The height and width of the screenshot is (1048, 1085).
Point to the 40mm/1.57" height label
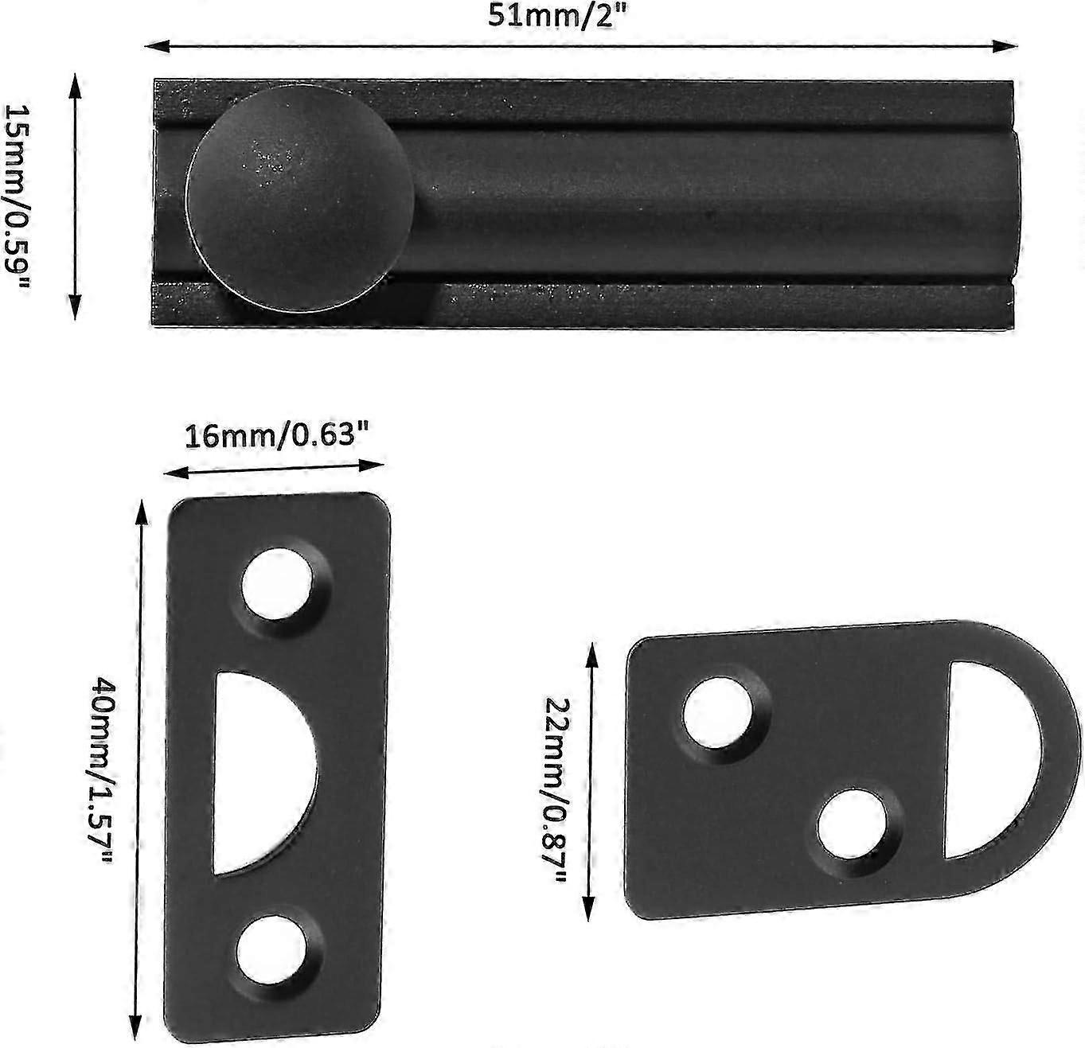pos(103,769)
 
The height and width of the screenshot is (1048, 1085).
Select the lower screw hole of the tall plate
pos(274,949)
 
